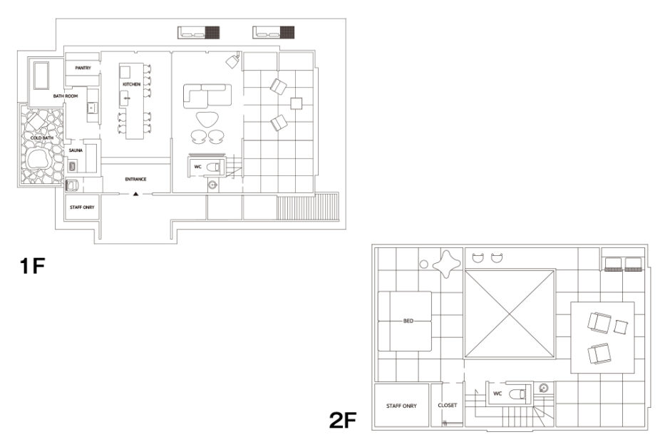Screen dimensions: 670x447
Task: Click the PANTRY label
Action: [x=83, y=68]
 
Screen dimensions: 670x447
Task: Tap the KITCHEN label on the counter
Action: [x=132, y=84]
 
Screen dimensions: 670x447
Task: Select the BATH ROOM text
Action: [x=66, y=96]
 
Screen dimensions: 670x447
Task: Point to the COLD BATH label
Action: [x=42, y=138]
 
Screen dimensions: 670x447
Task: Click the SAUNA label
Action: [x=76, y=150]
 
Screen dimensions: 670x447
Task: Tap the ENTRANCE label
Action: [x=136, y=180]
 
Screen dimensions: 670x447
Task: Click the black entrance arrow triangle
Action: [x=136, y=194]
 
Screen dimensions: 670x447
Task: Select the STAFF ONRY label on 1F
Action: [x=82, y=207]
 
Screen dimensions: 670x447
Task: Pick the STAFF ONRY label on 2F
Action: [x=401, y=406]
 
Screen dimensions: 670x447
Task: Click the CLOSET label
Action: [x=448, y=405]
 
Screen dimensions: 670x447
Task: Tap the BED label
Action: [x=408, y=321]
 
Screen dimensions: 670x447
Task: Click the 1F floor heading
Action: [x=33, y=266]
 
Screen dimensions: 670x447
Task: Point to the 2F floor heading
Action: [x=343, y=420]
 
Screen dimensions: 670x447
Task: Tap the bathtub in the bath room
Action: [x=41, y=76]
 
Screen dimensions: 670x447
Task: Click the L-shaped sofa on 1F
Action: [x=207, y=96]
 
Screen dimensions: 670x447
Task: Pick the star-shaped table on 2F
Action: [x=446, y=263]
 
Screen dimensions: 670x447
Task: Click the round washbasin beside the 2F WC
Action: [x=544, y=389]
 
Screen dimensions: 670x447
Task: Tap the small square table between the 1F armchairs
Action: [x=296, y=103]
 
